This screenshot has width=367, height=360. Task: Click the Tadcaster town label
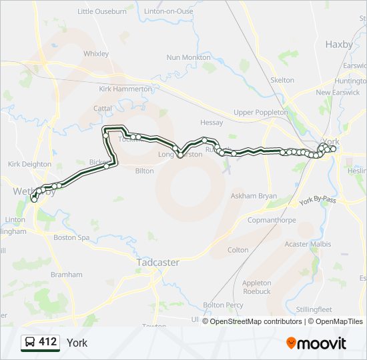point(157,263)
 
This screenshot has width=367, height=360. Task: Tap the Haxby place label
point(338,44)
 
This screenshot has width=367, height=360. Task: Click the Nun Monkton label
point(188,58)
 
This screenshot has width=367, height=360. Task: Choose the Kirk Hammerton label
point(125,89)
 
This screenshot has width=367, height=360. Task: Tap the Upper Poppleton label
point(261,113)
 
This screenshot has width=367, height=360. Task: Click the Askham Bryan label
point(254,197)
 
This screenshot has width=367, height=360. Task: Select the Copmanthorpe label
point(271,219)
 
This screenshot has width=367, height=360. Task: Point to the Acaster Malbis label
point(308,244)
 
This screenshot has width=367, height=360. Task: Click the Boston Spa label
point(71,237)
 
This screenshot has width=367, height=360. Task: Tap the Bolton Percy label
point(223,305)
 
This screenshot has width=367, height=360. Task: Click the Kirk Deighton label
point(29,164)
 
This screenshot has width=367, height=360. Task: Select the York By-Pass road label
point(318,200)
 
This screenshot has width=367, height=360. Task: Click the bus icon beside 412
point(30,343)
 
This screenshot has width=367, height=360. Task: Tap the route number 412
point(48,342)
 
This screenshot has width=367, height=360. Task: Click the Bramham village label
point(66,275)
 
